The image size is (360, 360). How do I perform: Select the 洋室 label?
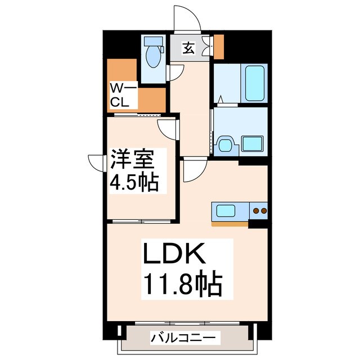(132, 159)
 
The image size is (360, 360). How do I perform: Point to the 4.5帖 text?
(134, 182)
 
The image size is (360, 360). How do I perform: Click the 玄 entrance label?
(189, 49)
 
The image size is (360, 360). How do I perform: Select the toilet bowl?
(152, 56)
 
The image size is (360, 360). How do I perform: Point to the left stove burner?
(256, 211)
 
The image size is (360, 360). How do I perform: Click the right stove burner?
(263, 211)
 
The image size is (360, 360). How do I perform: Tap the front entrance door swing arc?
(186, 20)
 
